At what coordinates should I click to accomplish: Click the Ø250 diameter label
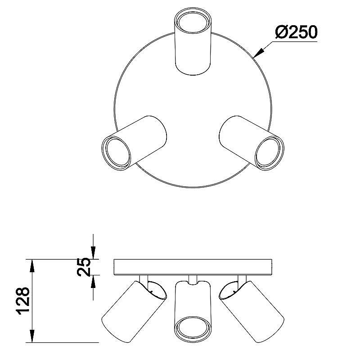[x=296, y=32]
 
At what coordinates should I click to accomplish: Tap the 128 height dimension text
[x=23, y=301]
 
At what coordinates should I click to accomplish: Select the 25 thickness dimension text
[x=84, y=267]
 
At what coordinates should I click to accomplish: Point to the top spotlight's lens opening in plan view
[x=193, y=22]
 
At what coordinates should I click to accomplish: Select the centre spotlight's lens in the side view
[x=193, y=328]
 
